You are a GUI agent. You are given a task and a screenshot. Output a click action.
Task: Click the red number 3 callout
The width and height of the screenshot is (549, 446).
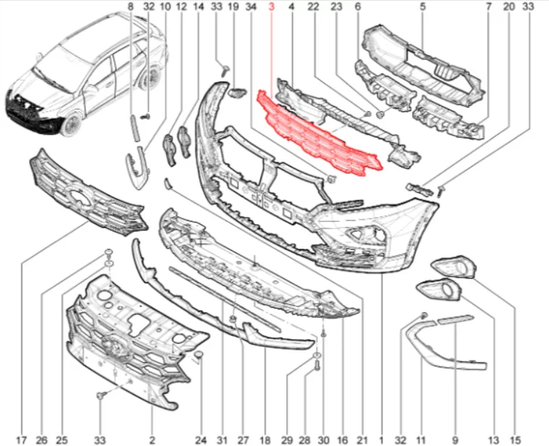272,7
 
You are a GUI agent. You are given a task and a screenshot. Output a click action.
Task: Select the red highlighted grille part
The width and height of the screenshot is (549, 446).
317,135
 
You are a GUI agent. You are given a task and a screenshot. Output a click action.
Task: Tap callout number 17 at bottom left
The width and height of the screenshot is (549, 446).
22,439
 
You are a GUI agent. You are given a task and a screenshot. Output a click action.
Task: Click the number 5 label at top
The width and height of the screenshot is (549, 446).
423,7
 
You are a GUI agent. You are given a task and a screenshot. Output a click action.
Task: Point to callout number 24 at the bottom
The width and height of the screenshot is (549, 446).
201,439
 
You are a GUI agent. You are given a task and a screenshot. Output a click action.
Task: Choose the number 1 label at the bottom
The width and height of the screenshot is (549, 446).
381,439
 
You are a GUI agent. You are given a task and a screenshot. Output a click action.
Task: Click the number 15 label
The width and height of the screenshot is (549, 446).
515,439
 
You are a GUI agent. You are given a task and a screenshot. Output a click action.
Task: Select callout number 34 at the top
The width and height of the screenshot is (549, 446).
251,7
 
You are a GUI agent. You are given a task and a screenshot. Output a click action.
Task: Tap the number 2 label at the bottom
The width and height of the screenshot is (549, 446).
151,439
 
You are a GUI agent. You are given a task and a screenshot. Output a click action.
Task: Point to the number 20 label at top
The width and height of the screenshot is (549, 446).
509,7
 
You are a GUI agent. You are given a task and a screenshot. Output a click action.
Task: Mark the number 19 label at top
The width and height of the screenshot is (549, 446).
232,7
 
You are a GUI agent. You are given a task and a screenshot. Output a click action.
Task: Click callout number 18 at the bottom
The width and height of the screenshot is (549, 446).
265,439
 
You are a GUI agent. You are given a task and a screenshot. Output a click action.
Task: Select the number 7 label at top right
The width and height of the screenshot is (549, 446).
488,7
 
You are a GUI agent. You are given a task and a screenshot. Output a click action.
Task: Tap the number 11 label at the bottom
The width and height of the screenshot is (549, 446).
421,439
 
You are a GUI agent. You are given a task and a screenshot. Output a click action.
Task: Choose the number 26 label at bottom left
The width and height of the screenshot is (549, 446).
42,439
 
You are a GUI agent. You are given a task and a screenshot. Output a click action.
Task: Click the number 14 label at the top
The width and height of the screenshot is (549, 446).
198,7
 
